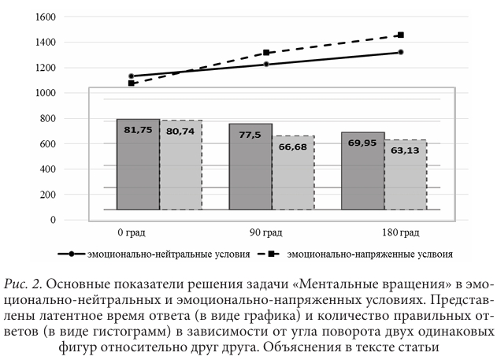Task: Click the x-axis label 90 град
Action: [x=269, y=232]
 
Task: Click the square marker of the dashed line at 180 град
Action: [x=401, y=35]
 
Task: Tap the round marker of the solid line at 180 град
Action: [x=401, y=52]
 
